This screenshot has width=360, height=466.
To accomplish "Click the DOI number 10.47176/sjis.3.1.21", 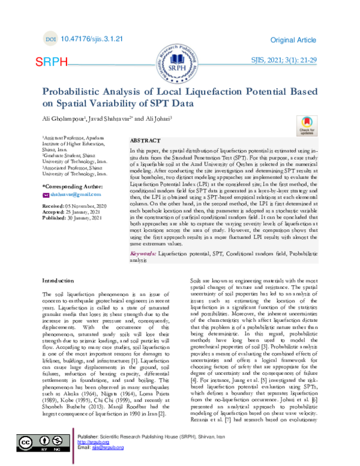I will (x=92, y=38).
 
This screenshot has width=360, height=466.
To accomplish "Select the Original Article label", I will (x=293, y=40).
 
